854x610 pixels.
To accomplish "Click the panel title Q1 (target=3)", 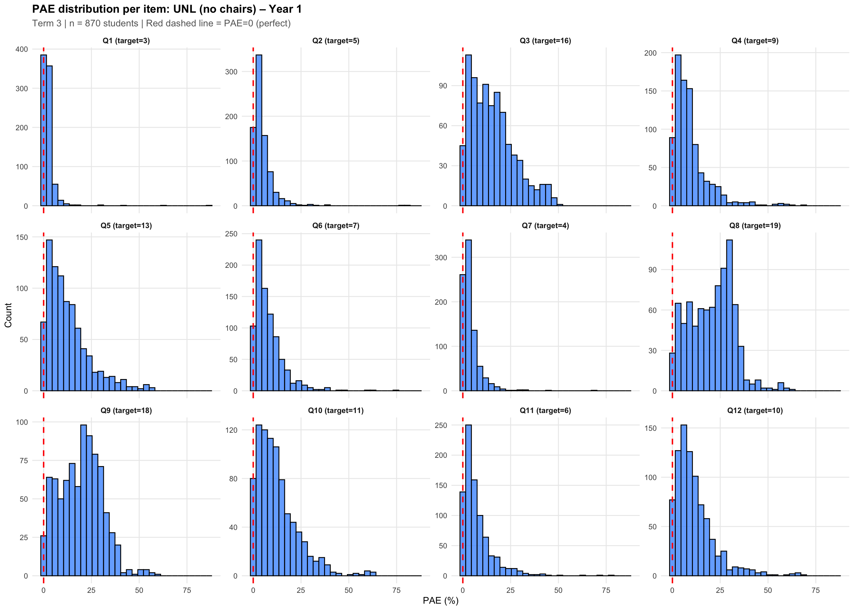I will pos(126,41).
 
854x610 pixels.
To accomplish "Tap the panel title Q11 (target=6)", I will pos(545,410).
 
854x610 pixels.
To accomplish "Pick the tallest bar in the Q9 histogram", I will pos(83,499).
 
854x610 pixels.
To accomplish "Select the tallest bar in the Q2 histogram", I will pos(259,130).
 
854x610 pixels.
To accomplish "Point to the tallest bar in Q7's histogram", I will pos(468,315).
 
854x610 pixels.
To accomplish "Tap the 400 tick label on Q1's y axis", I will pos(22,49).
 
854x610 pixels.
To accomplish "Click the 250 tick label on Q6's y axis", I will pos(231,234).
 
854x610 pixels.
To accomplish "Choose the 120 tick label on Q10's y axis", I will pos(231,430).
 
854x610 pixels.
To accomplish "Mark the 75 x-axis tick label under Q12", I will pos(815,591).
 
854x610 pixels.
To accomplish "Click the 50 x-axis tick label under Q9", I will pos(139,591).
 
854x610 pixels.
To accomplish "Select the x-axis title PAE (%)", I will pos(441,600).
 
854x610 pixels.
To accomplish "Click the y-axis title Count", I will pos(8,315).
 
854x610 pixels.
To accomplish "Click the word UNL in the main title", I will pos(184,9).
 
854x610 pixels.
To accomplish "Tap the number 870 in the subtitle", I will pos(93,23).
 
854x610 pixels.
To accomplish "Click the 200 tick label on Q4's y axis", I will pos(650,53).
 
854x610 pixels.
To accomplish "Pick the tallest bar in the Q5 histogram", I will pos(49,315).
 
